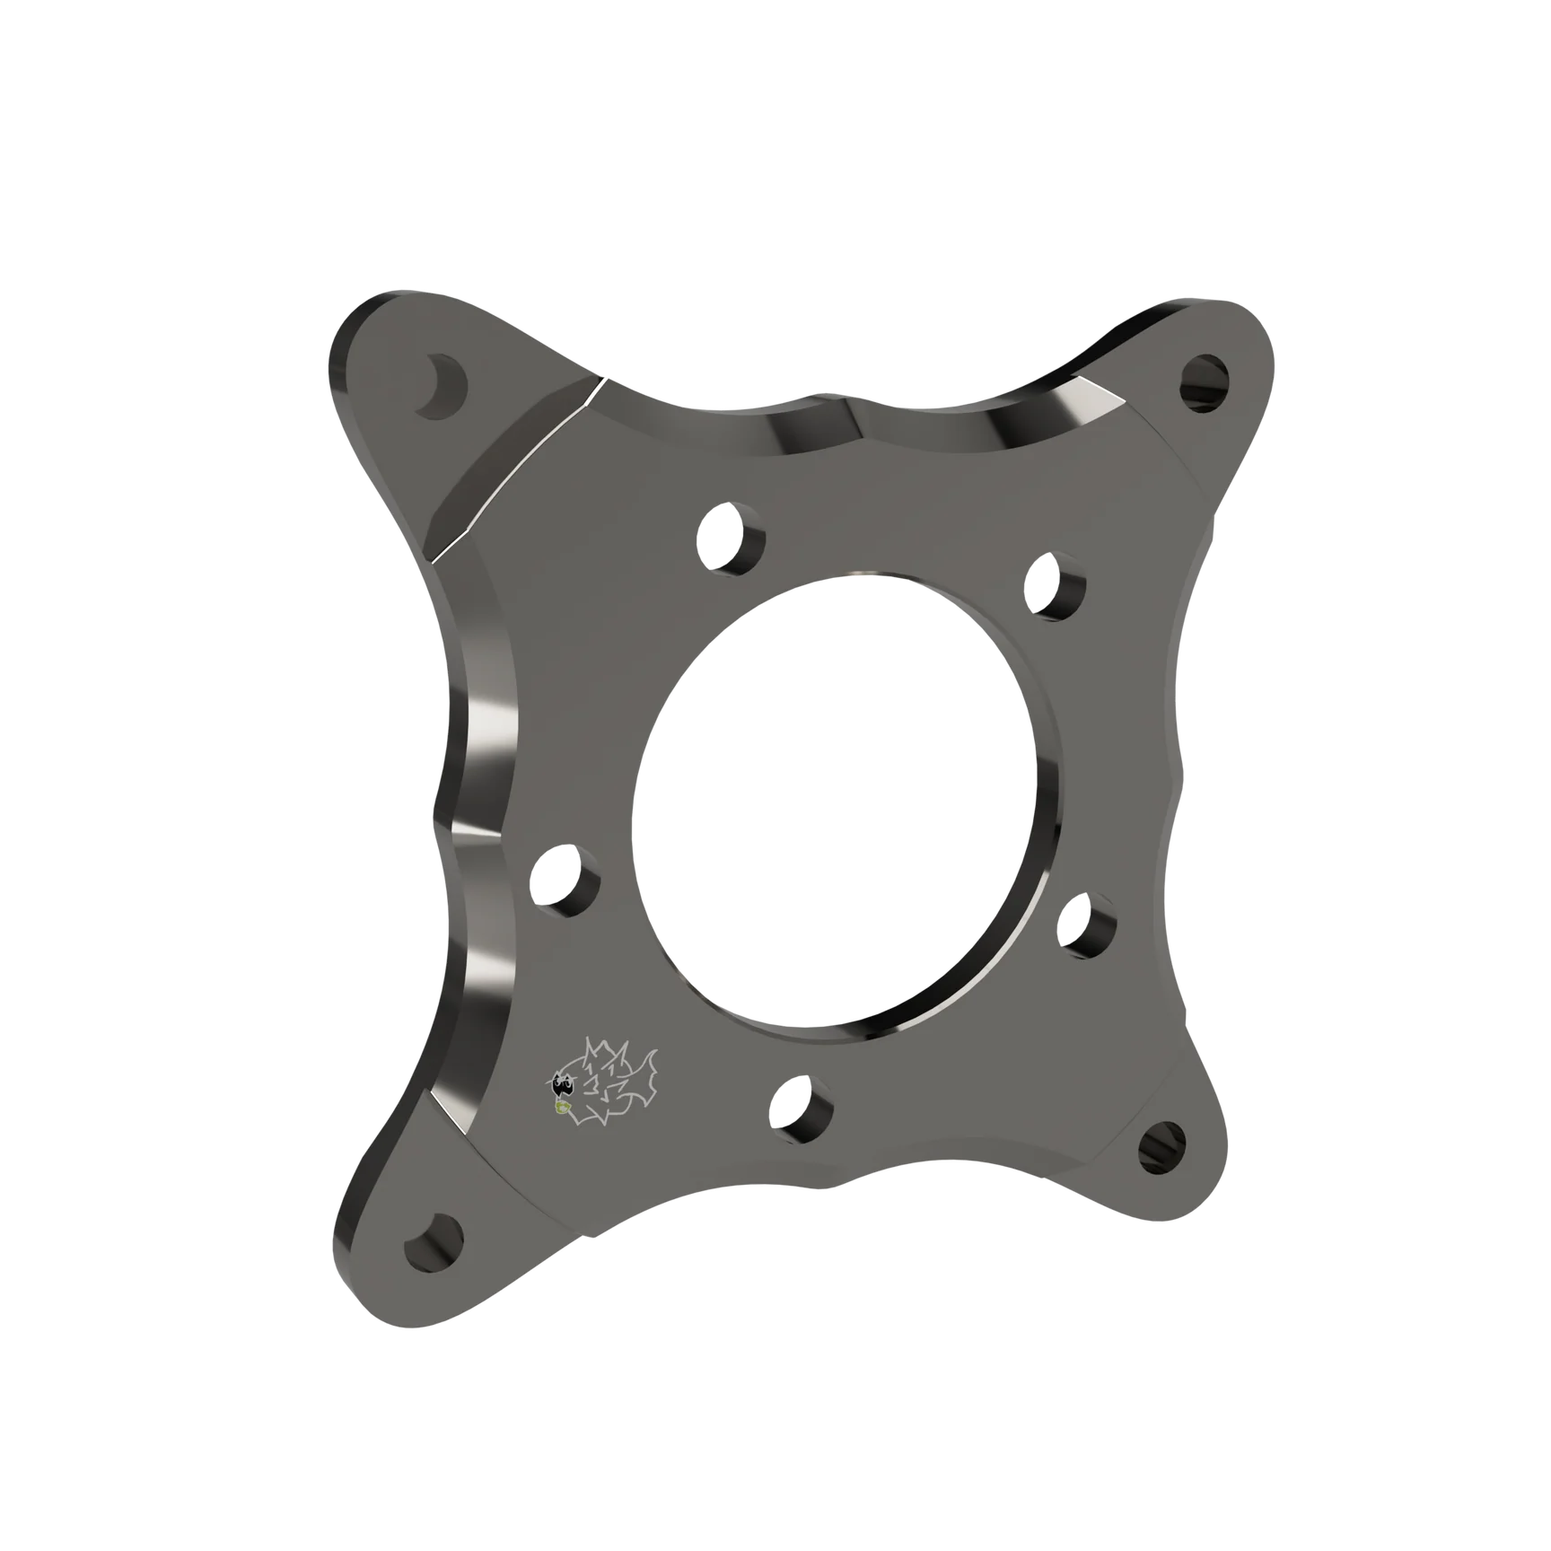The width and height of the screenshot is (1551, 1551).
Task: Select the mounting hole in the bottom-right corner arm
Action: point(1162,1145)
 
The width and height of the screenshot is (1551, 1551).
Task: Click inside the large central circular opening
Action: point(839,799)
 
